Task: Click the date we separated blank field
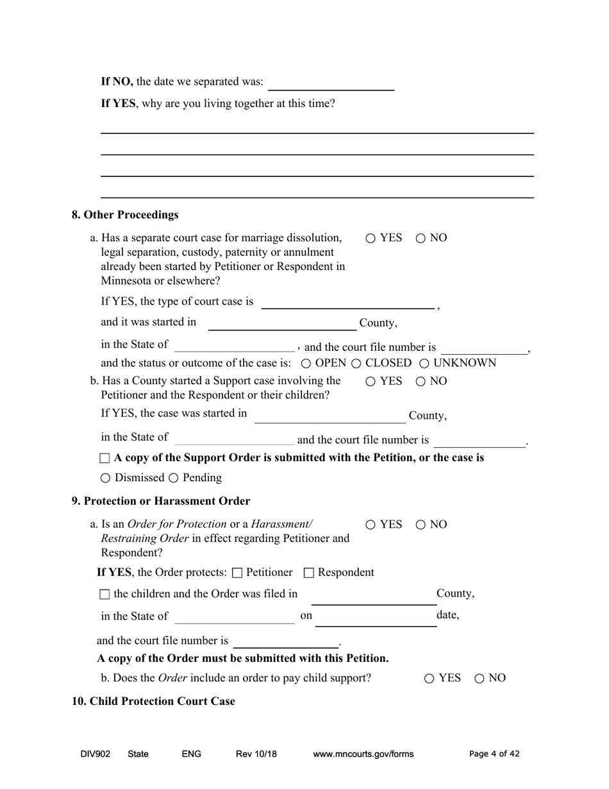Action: [x=331, y=83]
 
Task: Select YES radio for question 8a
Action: [x=371, y=239]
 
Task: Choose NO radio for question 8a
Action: [x=421, y=239]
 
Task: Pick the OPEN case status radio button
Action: [x=306, y=364]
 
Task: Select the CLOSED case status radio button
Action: [x=356, y=364]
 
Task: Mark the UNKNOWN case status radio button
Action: [x=424, y=364]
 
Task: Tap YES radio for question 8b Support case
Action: [x=371, y=382]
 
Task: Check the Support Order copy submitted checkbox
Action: [x=105, y=459]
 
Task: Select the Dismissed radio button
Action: [x=105, y=479]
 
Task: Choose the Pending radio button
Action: [x=173, y=479]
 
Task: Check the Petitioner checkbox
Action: [x=237, y=573]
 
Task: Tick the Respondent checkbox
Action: [x=308, y=573]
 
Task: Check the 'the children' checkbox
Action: [x=105, y=595]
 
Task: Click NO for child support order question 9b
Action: [x=480, y=679]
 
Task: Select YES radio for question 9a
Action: [x=371, y=525]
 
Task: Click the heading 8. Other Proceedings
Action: [x=125, y=215]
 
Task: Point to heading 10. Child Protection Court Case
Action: [x=153, y=701]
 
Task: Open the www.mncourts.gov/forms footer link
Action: [x=363, y=754]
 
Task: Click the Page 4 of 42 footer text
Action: [x=494, y=754]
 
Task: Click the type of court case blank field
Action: [x=347, y=302]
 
